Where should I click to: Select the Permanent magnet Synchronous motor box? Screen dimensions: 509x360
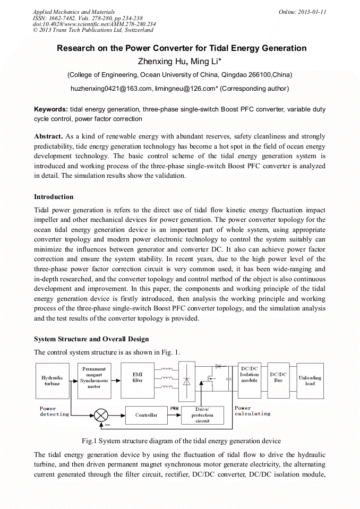[x=94, y=377]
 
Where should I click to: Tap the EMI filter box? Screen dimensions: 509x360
[x=138, y=377]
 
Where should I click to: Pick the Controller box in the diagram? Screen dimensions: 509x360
[x=146, y=415]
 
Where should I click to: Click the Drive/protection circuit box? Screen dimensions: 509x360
[x=202, y=415]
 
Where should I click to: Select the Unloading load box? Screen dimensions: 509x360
[x=310, y=381]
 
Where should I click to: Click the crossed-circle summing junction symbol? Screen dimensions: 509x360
[x=101, y=415]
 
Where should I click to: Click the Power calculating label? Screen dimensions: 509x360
[x=252, y=411]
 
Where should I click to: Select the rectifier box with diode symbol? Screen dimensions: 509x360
[x=186, y=381]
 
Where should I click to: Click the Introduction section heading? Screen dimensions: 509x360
[x=54, y=197]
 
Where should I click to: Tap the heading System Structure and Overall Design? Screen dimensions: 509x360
[x=91, y=339]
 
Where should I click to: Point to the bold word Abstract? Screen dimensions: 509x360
[x=49, y=136]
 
